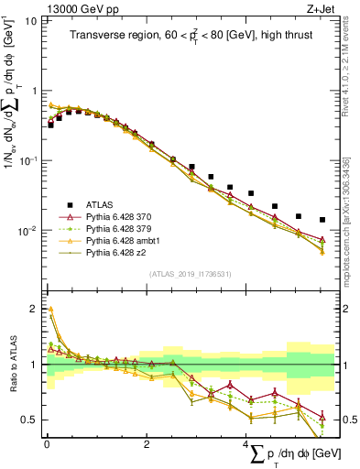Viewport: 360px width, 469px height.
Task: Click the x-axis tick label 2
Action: tap(147, 444)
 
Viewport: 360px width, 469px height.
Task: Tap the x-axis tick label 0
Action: tap(46, 444)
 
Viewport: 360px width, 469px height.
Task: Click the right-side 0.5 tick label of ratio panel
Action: tap(346, 420)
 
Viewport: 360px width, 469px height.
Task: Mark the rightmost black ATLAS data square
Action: tap(322, 220)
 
